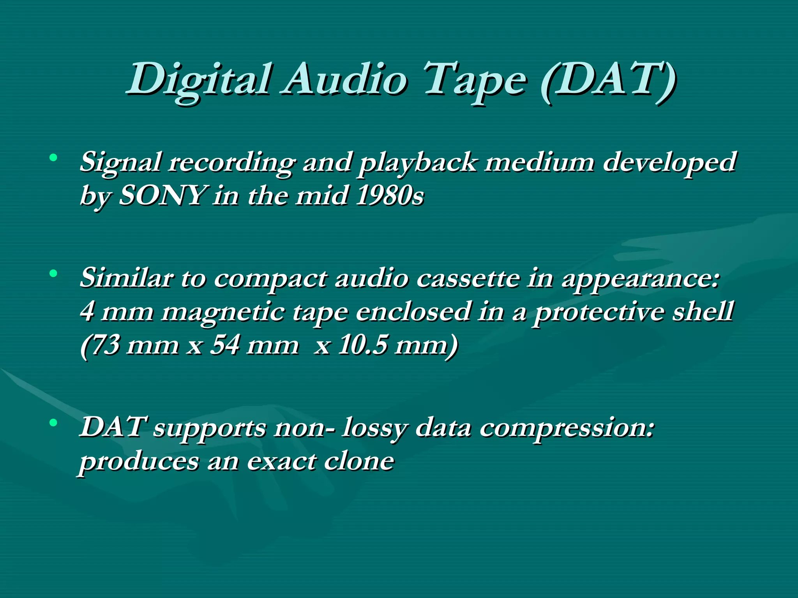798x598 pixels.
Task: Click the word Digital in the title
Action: pos(199,80)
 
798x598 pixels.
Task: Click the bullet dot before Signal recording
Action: pos(53,158)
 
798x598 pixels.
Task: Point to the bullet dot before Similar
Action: pos(53,274)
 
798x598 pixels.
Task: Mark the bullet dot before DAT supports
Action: pos(53,423)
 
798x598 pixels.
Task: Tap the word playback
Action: pos(417,163)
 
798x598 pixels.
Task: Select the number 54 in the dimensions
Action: pos(224,345)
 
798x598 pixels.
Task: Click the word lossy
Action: pos(374,428)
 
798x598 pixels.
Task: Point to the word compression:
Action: pos(567,428)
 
